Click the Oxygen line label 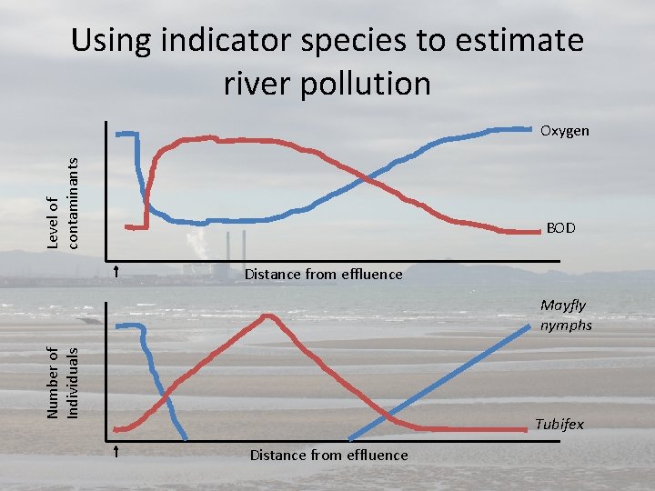(x=564, y=131)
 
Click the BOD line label (x=560, y=228)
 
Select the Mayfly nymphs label (x=565, y=316)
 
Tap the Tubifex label (x=559, y=425)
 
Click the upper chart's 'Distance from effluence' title (x=323, y=274)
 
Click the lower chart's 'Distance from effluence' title (x=328, y=455)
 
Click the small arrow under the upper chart (x=117, y=271)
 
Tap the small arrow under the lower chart (x=117, y=451)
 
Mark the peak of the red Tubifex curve (x=267, y=316)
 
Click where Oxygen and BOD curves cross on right (x=365, y=177)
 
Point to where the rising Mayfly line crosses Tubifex (x=388, y=416)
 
